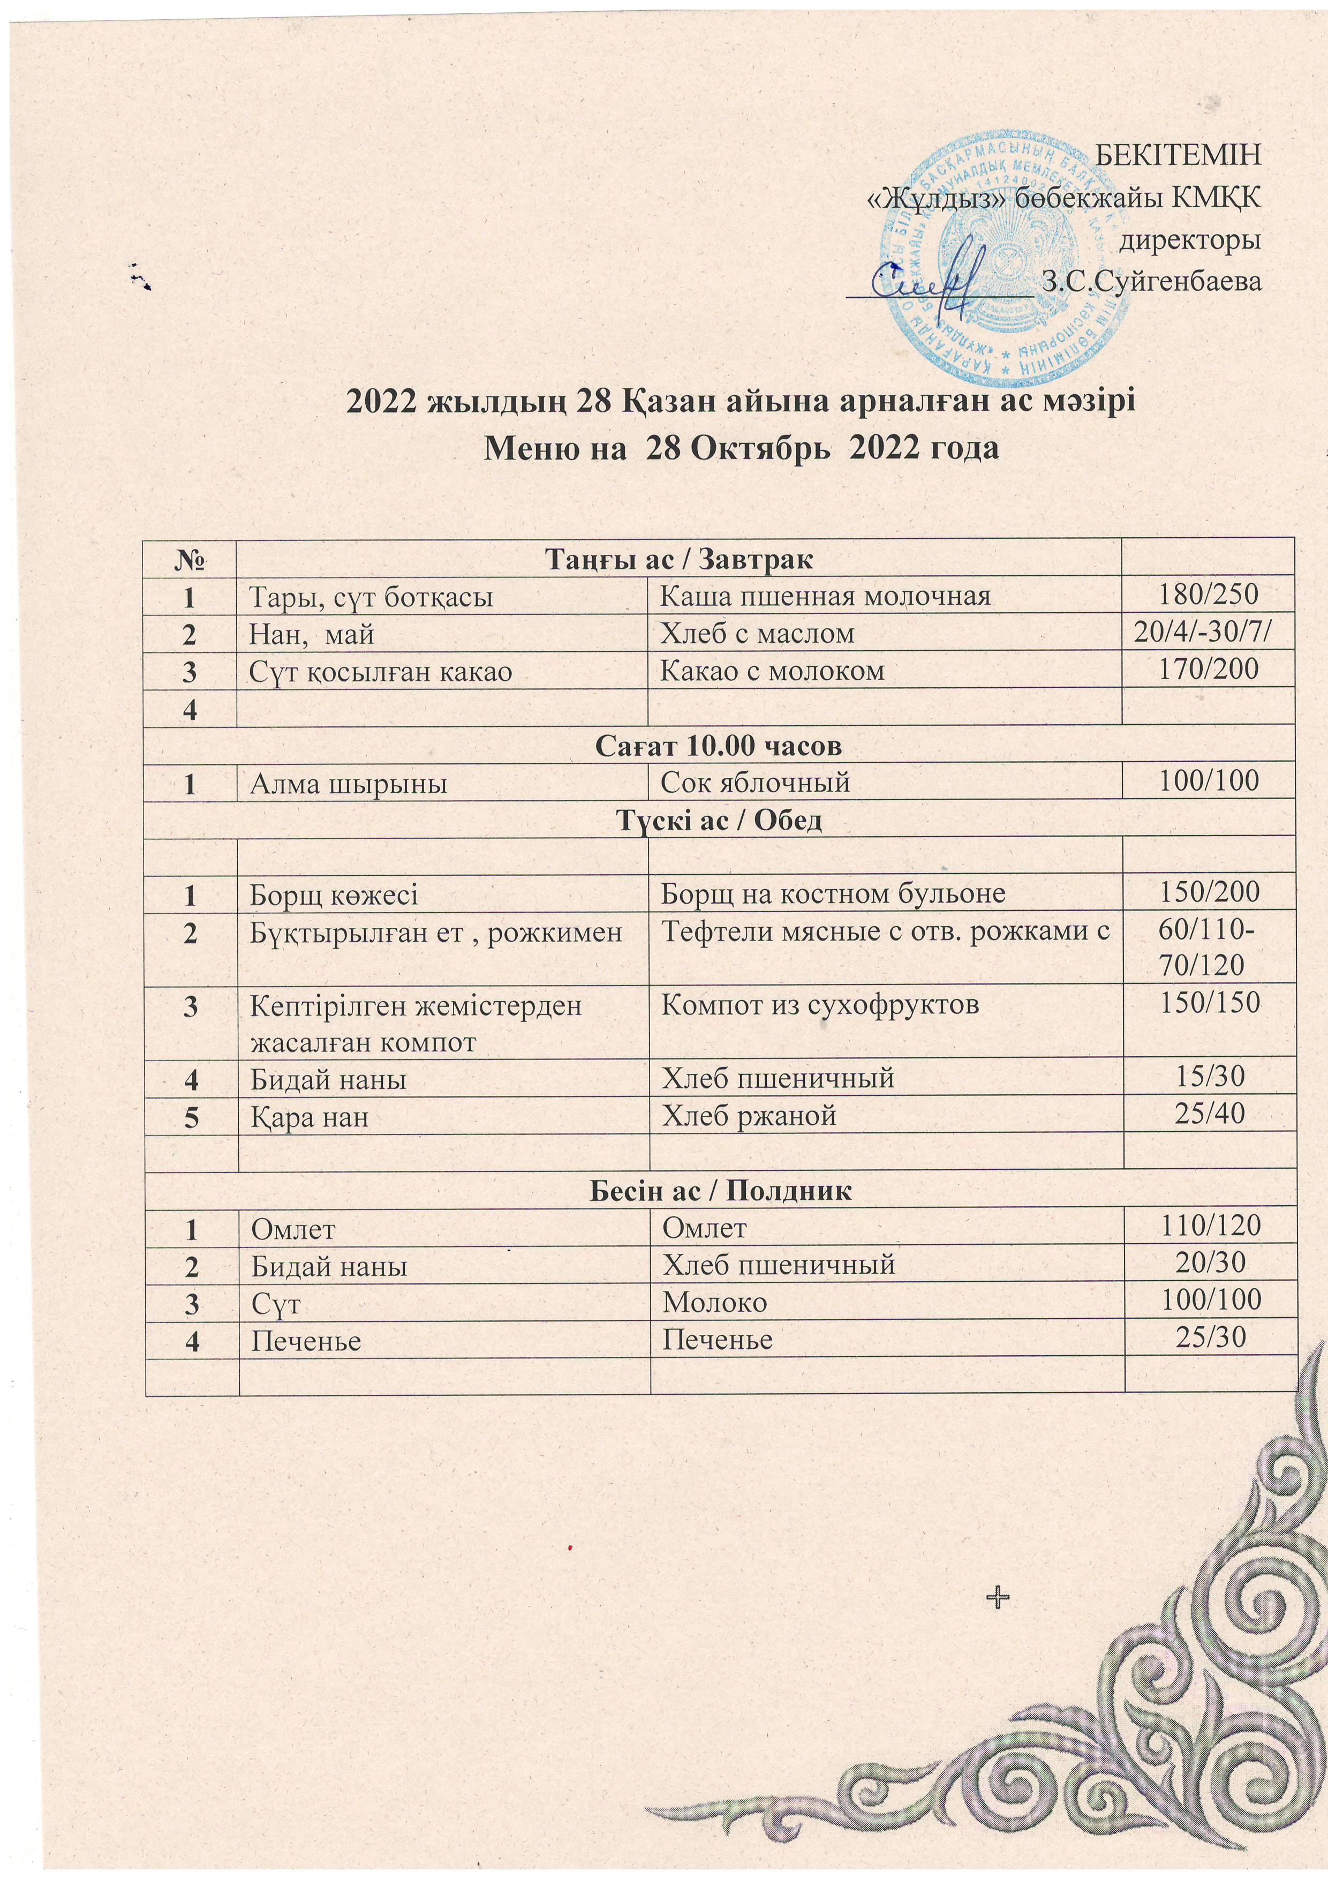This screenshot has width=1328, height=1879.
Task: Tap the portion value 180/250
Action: coord(1207,595)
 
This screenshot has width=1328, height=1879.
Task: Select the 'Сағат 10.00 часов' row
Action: coord(719,746)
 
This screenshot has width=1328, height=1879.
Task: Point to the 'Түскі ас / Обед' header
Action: coord(719,820)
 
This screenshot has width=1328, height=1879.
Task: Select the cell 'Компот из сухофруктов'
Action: coord(819,1004)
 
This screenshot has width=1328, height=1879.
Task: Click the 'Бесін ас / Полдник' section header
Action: coord(720,1191)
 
